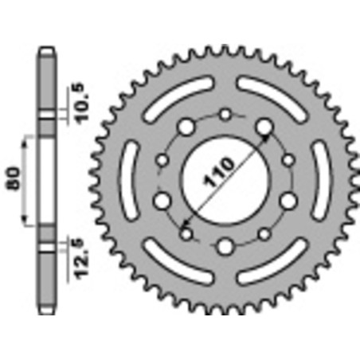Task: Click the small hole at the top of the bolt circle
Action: pyautogui.click(x=225, y=115)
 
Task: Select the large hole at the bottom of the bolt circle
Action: pyautogui.click(x=225, y=245)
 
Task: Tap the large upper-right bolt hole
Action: pyautogui.click(x=264, y=127)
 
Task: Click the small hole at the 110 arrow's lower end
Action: pyautogui.click(x=188, y=233)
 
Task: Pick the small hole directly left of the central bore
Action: pyautogui.click(x=162, y=161)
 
